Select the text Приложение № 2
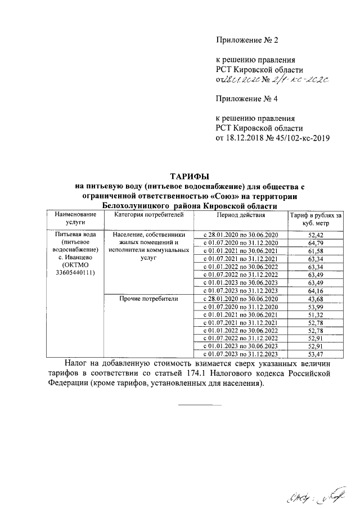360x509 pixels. [x=247, y=40]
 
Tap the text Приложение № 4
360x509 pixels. [x=247, y=99]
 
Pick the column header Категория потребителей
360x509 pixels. [x=146, y=215]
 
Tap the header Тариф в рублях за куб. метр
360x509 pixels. [x=316, y=219]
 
